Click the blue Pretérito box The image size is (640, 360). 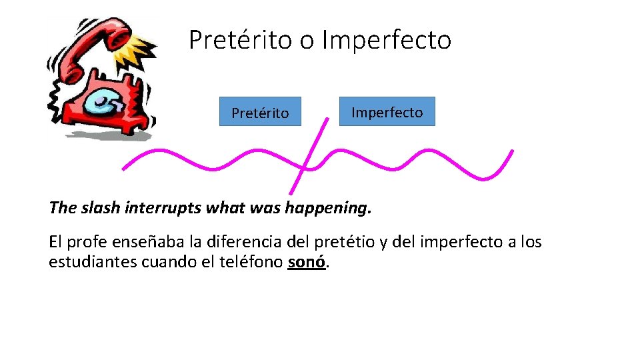pos(260,112)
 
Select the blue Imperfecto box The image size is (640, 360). pos(387,111)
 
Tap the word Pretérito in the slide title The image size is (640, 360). pos(241,40)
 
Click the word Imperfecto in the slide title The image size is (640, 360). pos(386,40)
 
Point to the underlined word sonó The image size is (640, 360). pos(307,262)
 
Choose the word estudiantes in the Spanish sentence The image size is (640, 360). pos(93,262)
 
